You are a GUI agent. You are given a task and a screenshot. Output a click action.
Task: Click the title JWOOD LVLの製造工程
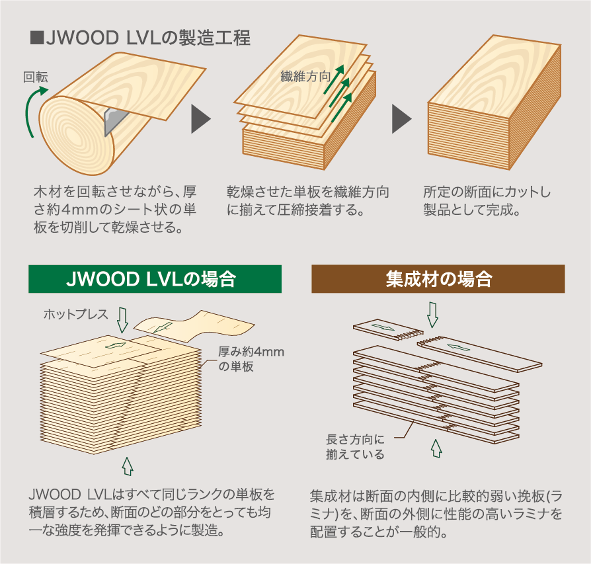click(140, 38)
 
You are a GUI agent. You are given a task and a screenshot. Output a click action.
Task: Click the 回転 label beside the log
click(36, 77)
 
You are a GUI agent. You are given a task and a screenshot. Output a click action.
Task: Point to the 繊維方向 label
click(305, 77)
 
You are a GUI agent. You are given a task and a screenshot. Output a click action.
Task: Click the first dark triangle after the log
click(201, 119)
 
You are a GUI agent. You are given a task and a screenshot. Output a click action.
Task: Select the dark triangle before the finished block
click(401, 119)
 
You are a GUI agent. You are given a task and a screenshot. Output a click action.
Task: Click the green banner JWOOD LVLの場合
click(155, 279)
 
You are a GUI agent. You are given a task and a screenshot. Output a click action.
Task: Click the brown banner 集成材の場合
click(438, 279)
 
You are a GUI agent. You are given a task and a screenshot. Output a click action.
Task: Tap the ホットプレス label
click(76, 314)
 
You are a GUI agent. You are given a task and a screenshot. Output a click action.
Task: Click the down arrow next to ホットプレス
click(122, 320)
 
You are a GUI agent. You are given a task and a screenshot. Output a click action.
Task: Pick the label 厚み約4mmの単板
click(251, 359)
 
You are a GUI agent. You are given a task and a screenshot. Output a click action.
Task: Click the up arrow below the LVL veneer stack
click(128, 466)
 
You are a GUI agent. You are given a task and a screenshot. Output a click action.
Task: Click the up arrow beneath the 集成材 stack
click(436, 448)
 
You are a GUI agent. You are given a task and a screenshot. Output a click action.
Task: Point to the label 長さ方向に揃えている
click(355, 447)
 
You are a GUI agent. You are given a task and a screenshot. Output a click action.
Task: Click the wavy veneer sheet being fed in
click(194, 326)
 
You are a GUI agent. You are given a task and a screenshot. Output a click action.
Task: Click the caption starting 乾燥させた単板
click(307, 200)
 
